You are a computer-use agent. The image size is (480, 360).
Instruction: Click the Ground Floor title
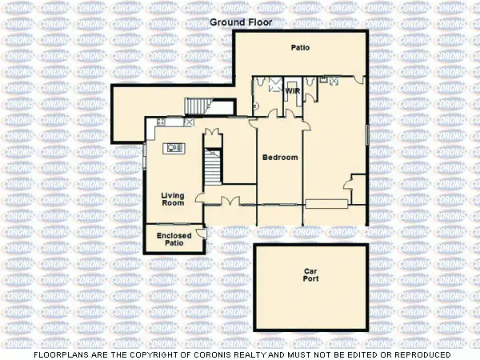coord(240,22)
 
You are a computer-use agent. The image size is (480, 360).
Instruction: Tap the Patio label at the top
coord(300,48)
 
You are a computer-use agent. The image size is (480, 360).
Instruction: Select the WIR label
coord(292,90)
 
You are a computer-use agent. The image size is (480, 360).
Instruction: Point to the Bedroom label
coord(280,158)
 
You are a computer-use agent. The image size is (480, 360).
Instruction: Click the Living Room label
coord(173,199)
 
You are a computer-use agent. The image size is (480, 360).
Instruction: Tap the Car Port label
coord(310,276)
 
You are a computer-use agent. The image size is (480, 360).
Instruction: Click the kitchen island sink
coord(174,147)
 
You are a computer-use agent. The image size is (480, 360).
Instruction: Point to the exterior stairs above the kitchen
coord(198,106)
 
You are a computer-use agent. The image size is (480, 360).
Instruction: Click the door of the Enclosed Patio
coord(202,233)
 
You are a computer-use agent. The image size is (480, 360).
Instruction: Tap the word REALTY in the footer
coord(282,354)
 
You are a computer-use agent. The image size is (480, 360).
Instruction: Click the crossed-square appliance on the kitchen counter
coord(190,122)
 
